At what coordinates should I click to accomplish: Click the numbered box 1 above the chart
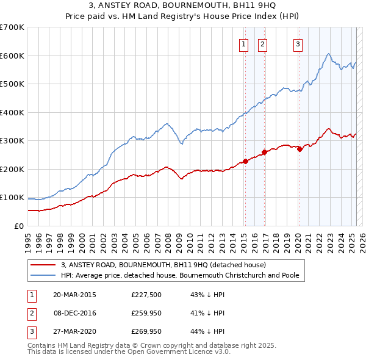(x=243, y=43)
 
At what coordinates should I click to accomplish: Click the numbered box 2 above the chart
(x=262, y=43)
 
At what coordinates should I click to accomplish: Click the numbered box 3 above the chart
(x=298, y=43)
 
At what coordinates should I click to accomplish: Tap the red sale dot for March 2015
(x=245, y=161)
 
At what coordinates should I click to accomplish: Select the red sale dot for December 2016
(x=264, y=152)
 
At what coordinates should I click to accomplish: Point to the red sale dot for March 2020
(x=300, y=149)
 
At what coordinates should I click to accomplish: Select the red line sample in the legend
(x=44, y=265)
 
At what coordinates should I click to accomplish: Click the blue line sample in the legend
(x=44, y=275)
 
